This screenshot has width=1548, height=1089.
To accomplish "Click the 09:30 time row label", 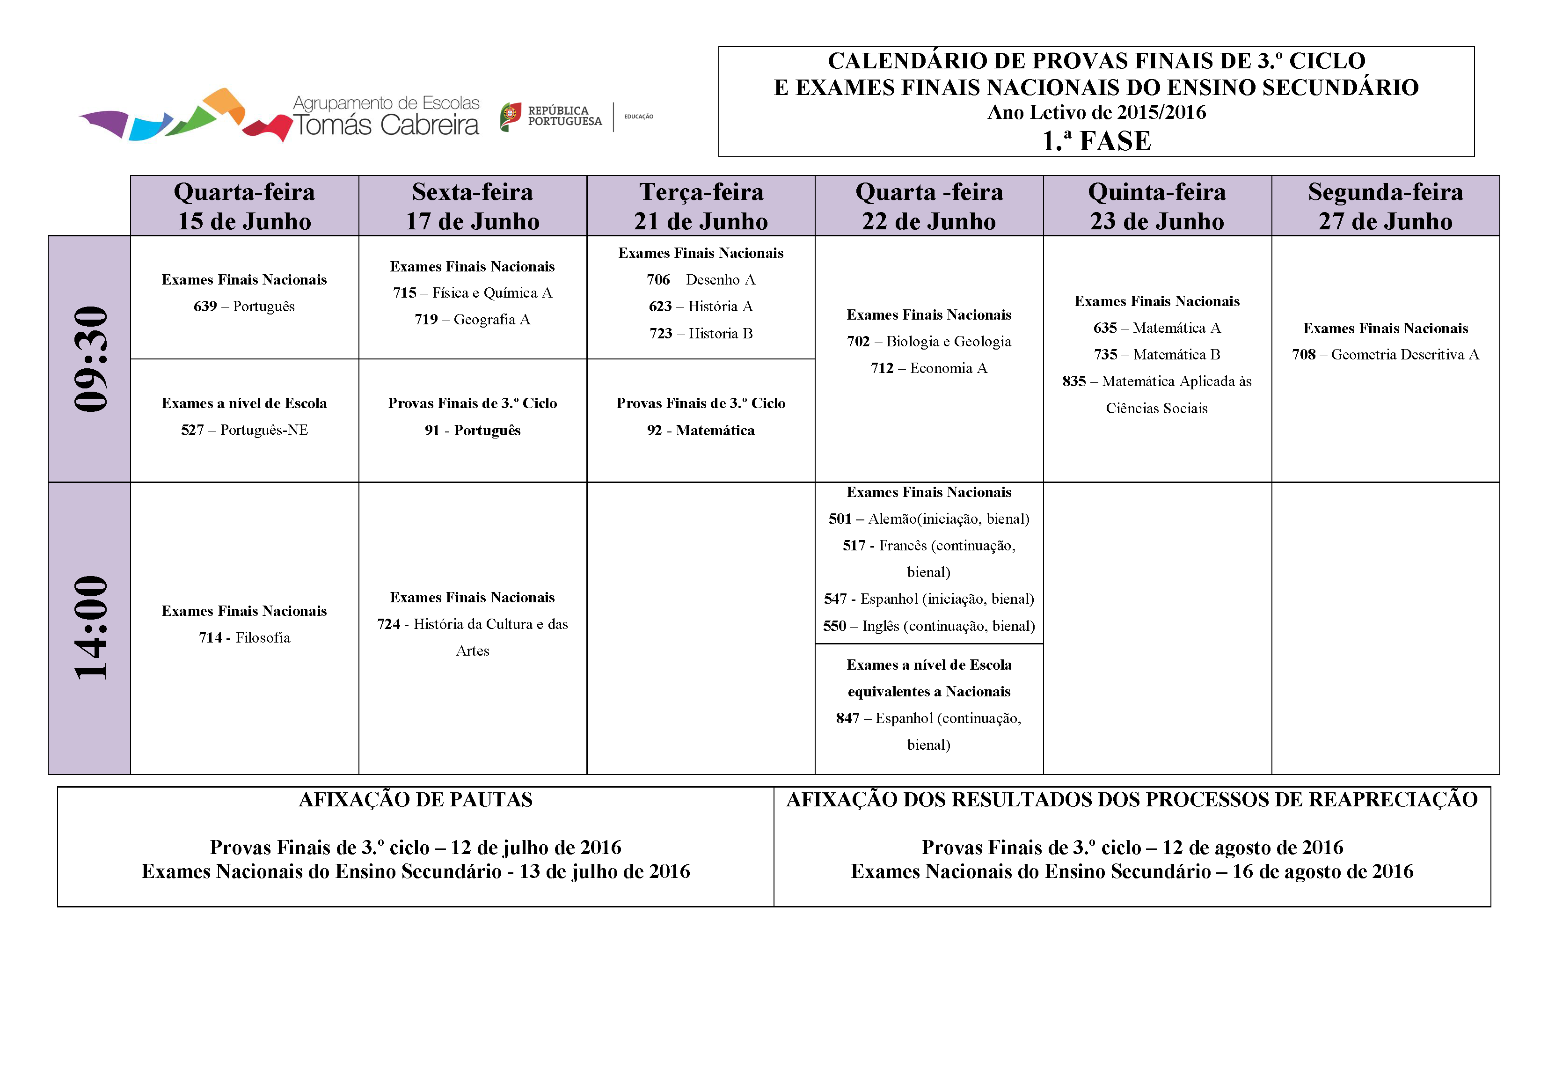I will coord(90,359).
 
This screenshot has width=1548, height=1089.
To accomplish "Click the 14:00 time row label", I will coord(90,628).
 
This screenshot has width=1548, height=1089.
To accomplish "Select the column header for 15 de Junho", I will coord(244,206).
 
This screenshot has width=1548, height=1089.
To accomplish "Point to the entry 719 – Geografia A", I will coord(472,320).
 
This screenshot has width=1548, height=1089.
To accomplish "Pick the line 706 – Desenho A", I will coord(701,280).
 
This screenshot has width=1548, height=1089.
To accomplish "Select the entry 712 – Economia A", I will coord(928,368).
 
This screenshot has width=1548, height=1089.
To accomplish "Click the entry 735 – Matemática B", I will coord(1156,355).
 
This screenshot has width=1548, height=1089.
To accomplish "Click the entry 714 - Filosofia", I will coord(244,638).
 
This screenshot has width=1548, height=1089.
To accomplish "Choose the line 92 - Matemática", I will coord(701,430).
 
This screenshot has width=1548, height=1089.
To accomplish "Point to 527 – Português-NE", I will coord(244,430).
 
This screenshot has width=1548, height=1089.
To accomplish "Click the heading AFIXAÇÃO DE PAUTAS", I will coord(416,800).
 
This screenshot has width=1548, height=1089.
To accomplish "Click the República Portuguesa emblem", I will coord(511,116).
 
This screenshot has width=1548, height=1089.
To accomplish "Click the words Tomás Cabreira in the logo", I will coord(386,125).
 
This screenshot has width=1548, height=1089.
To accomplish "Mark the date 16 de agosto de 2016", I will coord(1322,872).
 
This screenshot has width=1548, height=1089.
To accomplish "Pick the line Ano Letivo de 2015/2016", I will coord(1096,113).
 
